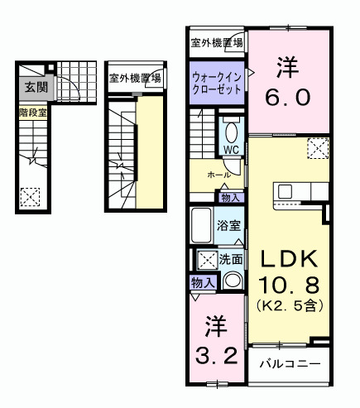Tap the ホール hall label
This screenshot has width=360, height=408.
click(x=218, y=175)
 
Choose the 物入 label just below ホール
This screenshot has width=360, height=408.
click(x=230, y=197)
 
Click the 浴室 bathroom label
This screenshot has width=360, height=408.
click(x=229, y=224)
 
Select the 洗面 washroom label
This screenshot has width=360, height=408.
click(x=231, y=259)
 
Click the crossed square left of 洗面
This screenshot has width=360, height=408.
click(x=206, y=260)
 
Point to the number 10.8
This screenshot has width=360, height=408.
click(x=288, y=286)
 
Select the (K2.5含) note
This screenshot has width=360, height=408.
click(x=288, y=306)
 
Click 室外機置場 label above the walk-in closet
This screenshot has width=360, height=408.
click(x=216, y=42)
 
